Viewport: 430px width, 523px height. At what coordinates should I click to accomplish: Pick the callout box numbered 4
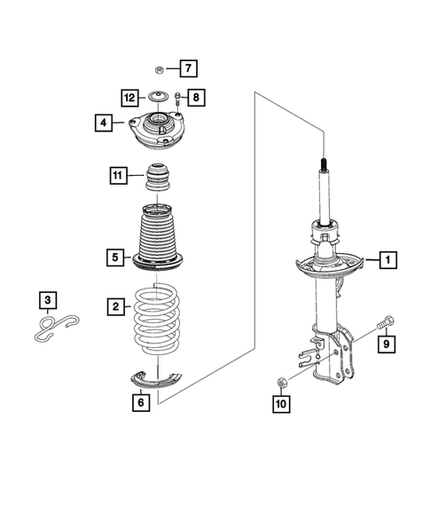105,123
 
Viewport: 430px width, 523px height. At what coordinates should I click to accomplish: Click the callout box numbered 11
117,176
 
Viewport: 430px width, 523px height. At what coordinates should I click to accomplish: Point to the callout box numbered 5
116,258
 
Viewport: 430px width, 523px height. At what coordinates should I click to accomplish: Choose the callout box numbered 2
116,307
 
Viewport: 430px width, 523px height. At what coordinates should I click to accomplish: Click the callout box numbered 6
139,401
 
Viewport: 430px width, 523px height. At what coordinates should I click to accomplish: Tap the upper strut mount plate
157,133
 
